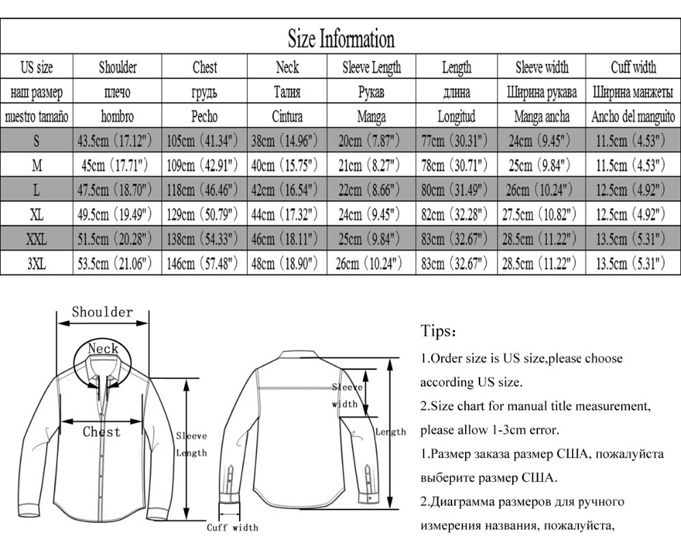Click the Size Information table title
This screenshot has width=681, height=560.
tap(340, 38)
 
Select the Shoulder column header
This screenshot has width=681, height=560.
tap(117, 67)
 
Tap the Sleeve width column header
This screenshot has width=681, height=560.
tap(541, 67)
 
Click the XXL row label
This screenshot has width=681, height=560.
tap(36, 239)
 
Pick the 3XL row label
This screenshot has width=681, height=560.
tap(36, 264)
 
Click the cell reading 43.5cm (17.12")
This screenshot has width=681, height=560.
tap(117, 141)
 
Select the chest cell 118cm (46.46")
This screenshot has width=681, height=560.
tap(204, 190)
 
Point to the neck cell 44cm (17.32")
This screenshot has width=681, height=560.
tap(287, 215)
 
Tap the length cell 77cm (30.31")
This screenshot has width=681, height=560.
tap(456, 141)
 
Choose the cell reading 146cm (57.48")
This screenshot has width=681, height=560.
tap(204, 264)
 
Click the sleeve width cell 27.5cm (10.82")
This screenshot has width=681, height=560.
tap(541, 215)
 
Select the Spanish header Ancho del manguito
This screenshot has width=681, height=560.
tap(633, 116)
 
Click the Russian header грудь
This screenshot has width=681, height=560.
tap(204, 92)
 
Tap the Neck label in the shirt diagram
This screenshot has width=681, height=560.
tap(103, 349)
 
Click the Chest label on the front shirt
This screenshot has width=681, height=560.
tap(101, 432)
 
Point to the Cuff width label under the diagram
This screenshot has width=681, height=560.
tap(233, 527)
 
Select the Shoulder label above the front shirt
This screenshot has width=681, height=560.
tap(102, 313)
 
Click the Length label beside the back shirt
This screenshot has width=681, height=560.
tap(390, 432)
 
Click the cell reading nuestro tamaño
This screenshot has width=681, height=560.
tap(36, 116)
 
